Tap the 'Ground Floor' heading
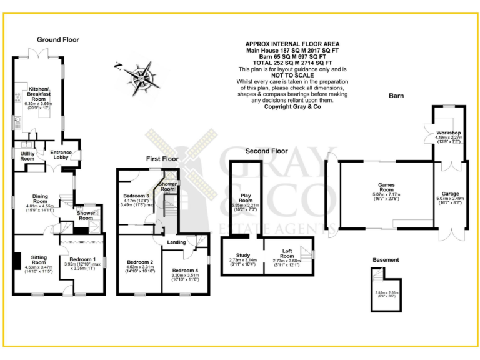[x=57, y=39]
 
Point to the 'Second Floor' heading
[x=266, y=151]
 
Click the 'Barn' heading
[x=396, y=96]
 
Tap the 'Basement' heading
[x=386, y=259]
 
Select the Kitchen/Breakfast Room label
[x=39, y=94]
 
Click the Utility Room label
[x=27, y=156]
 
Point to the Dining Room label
[x=40, y=199]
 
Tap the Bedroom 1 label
[x=81, y=260]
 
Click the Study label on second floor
[x=243, y=255]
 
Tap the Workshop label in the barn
[x=448, y=133]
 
